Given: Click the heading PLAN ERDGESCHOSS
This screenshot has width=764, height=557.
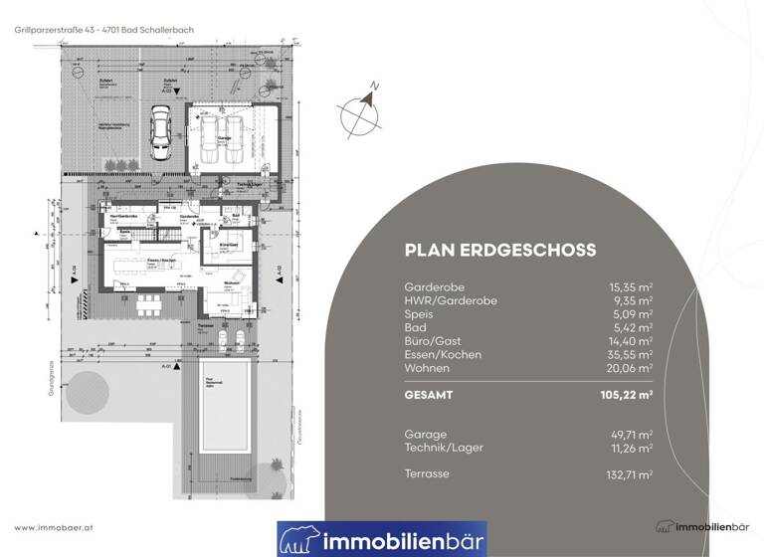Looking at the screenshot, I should [x=499, y=251].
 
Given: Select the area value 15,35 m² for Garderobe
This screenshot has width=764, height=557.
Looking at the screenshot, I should [x=631, y=285].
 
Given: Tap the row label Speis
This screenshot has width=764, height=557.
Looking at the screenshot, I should [x=420, y=313].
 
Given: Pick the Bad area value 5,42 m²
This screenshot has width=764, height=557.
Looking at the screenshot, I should [x=634, y=327].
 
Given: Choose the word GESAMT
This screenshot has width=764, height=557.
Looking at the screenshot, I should [x=429, y=395].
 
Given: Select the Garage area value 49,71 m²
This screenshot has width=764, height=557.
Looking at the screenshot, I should [x=631, y=435].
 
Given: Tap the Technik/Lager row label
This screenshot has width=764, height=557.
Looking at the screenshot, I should [x=444, y=449].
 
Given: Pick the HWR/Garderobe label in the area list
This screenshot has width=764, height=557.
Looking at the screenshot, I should [x=451, y=299].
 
